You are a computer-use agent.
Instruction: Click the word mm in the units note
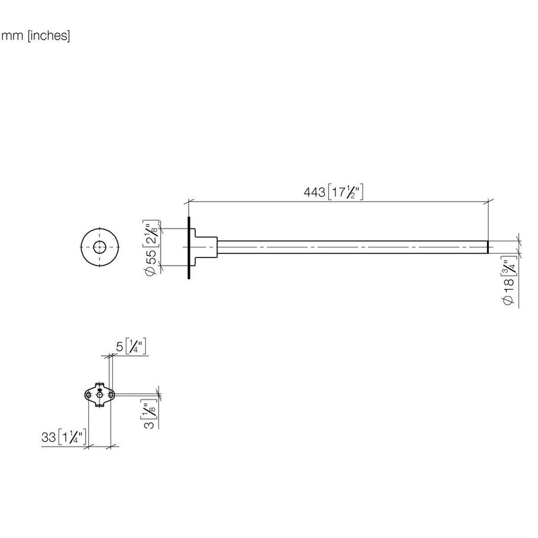point(12,36)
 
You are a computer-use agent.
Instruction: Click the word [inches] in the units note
point(48,36)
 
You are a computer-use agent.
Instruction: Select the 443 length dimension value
point(314,192)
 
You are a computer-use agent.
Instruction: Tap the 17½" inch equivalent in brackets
point(346,192)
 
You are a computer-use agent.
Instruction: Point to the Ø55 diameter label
point(151,262)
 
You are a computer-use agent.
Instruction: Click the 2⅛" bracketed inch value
point(151,233)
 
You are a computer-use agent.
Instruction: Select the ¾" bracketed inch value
point(509,265)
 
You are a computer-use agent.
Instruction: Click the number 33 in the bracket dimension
point(48,437)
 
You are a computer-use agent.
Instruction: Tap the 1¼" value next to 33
point(72,437)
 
